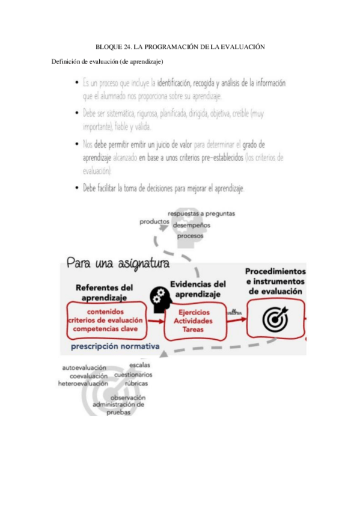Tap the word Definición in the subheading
(66, 61)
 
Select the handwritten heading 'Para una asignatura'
(118, 263)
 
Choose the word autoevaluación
(84, 367)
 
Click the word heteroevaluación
(83, 382)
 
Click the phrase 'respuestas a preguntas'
(201, 213)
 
